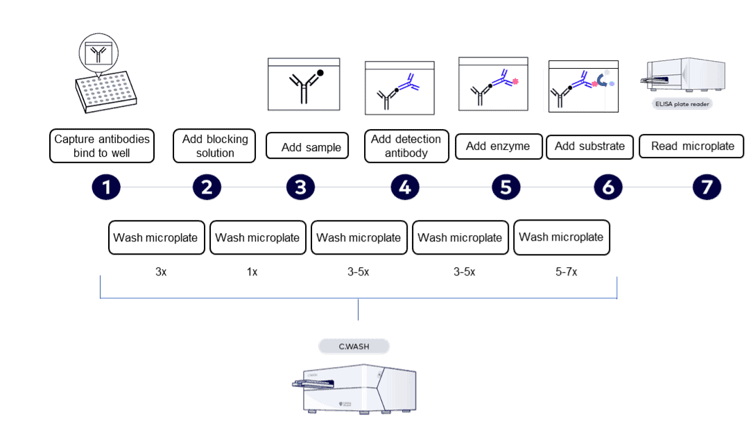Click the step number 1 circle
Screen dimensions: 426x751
coord(106,187)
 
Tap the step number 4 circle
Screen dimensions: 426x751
coord(405,187)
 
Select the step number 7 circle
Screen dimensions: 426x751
coord(707,187)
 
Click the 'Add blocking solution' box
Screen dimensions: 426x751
coord(214,146)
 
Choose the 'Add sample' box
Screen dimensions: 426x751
coord(307,147)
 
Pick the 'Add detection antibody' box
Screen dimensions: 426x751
coord(406,146)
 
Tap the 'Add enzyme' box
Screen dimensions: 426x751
coord(498,147)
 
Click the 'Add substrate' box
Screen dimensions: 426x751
coord(589,147)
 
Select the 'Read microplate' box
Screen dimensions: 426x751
coord(691,147)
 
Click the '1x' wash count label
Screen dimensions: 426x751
coord(252,273)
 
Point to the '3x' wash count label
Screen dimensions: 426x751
coord(161,273)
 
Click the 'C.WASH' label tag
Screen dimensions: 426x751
coord(354,346)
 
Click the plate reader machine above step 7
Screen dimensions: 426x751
coord(685,76)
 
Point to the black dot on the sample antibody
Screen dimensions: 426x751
coord(320,72)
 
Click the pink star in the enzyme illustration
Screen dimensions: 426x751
coord(517,81)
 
